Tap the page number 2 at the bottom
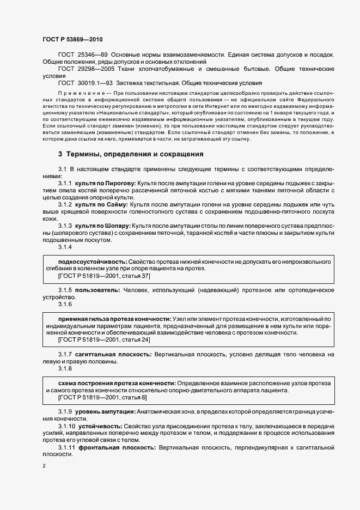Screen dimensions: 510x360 44,466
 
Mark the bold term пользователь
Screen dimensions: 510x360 94,290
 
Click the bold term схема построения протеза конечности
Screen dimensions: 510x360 115,383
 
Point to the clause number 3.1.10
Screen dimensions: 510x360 66,426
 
